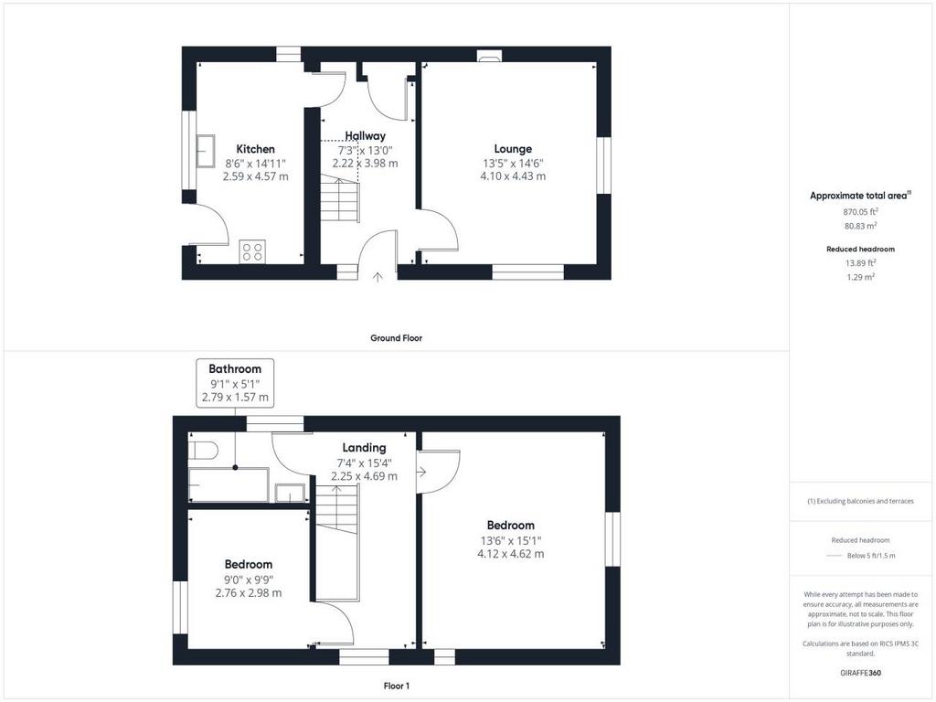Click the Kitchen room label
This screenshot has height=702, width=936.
pyautogui.click(x=256, y=149)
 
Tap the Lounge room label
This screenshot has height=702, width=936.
pyautogui.click(x=513, y=149)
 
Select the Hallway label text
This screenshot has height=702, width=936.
pyautogui.click(x=366, y=136)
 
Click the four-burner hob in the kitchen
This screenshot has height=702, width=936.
pyautogui.click(x=253, y=251)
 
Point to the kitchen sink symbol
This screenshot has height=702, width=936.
pyautogui.click(x=206, y=151)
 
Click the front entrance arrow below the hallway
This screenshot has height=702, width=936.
pyautogui.click(x=378, y=277)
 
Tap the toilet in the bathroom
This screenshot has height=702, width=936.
pyautogui.click(x=202, y=450)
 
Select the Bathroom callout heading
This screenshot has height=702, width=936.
pyautogui.click(x=235, y=369)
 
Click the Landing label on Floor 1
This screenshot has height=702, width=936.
pyautogui.click(x=364, y=448)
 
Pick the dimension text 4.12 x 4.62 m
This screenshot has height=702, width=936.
pyautogui.click(x=510, y=554)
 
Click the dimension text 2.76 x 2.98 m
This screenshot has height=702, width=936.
pyautogui.click(x=249, y=593)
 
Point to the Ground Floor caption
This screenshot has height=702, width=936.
pyautogui.click(x=397, y=338)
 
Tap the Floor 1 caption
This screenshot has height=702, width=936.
pyautogui.click(x=397, y=686)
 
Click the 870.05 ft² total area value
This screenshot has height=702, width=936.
pyautogui.click(x=860, y=211)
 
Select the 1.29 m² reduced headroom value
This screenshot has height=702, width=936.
pyautogui.click(x=860, y=277)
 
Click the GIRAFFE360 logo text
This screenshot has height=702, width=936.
pyautogui.click(x=860, y=673)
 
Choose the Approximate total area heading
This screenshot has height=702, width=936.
pyautogui.click(x=860, y=196)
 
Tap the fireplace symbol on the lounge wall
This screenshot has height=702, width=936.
pyautogui.click(x=490, y=57)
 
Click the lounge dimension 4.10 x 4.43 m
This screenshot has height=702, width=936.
pyautogui.click(x=513, y=176)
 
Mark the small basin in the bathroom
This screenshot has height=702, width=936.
pyautogui.click(x=290, y=493)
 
